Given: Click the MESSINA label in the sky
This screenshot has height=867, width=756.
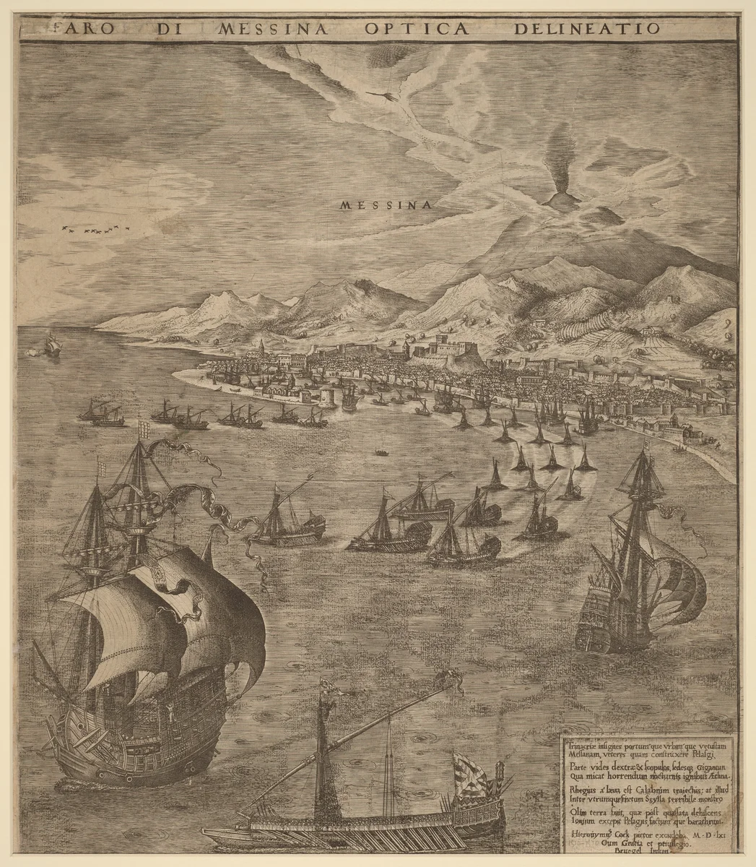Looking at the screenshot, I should click(x=386, y=205).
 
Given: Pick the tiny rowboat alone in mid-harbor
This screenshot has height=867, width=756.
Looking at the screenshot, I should click(x=378, y=454).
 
